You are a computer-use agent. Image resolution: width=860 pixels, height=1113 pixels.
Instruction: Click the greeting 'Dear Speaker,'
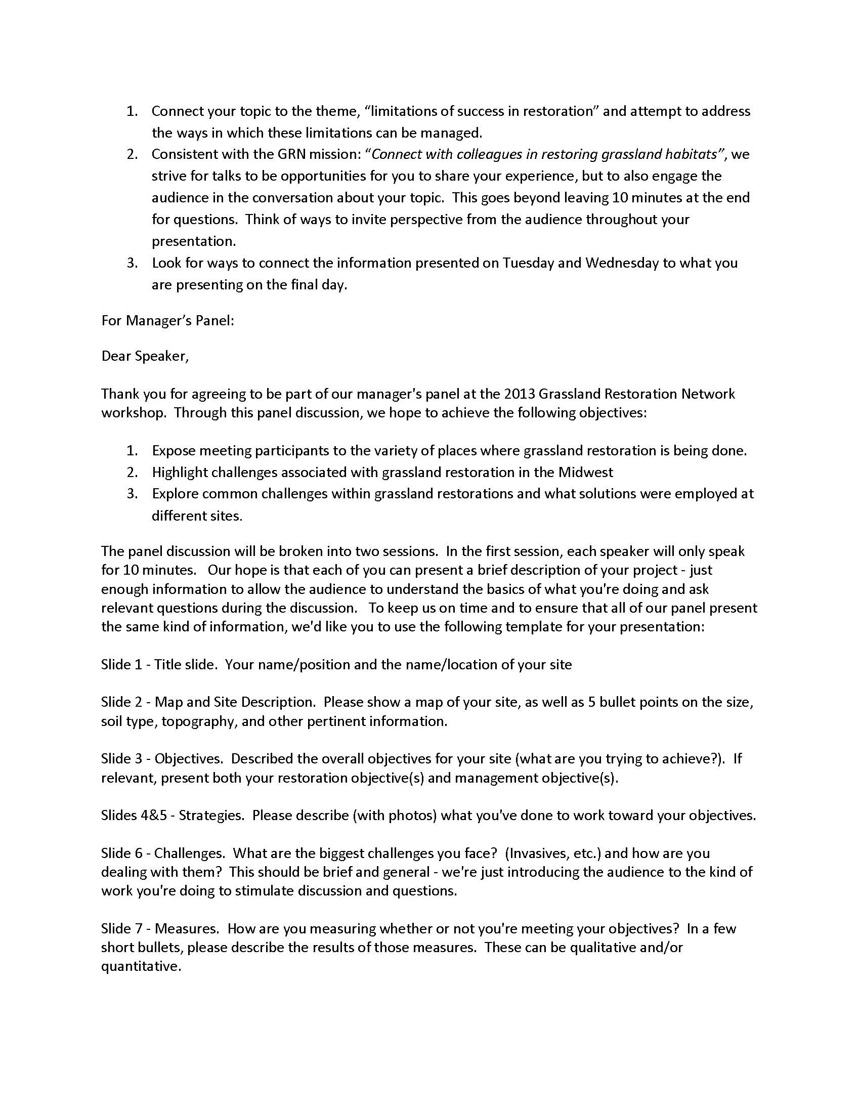(x=145, y=356)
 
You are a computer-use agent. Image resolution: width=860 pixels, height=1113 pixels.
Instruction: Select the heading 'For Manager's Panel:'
(x=167, y=321)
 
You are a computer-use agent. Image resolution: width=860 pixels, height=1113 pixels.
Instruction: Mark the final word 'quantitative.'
(x=141, y=966)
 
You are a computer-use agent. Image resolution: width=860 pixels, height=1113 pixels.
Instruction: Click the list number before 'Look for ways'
(x=133, y=263)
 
